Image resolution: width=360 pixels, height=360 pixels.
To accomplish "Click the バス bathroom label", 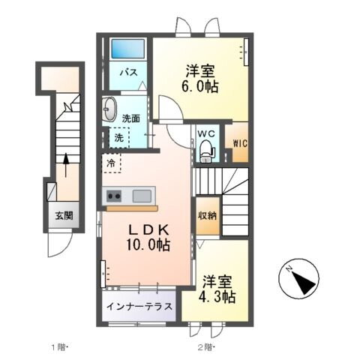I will coord(129,73).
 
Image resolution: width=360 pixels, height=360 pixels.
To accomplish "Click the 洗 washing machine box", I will coord(119,137).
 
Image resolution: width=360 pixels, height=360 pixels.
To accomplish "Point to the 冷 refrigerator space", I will coord(111,162).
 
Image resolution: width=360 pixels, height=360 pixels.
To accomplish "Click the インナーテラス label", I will coord(139,307).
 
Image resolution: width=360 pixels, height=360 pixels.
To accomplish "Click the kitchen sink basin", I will coord(141,196).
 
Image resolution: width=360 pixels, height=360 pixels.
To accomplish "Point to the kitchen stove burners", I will coord(115,196).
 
